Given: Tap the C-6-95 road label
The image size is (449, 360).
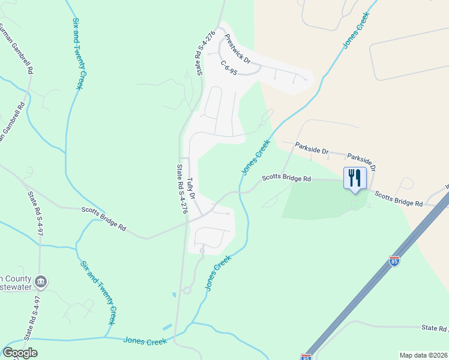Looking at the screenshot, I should tap(229, 67).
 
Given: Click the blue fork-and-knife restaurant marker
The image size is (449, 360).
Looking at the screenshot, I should tap(354, 178).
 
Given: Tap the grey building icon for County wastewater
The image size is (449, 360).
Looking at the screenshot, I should tap(41, 281).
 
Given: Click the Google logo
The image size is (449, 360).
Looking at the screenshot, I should tap(20, 353).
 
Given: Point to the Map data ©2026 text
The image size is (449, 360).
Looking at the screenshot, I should tap(423, 355).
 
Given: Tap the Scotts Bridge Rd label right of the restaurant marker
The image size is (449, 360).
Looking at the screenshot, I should tap(399, 199).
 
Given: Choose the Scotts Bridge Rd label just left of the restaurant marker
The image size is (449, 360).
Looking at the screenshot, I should tap(286, 178).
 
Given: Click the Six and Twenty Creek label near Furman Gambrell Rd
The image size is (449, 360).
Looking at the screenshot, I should tap(77, 53).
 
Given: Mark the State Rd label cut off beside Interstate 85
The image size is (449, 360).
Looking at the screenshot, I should tap(434, 328).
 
